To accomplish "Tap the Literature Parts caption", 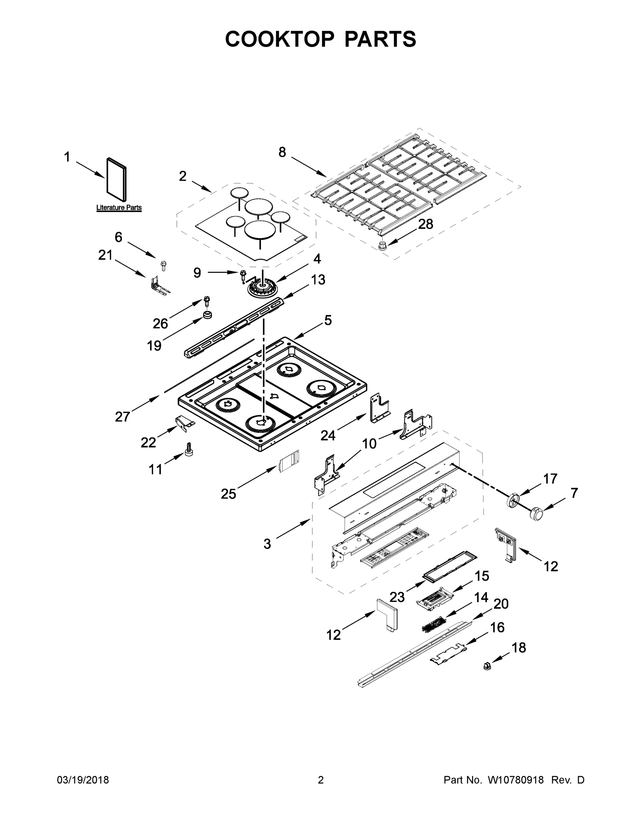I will (119, 208).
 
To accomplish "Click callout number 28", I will (425, 224).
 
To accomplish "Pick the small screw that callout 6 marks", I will (164, 265).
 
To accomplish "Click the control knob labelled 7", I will (537, 514).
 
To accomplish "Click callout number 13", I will (318, 280).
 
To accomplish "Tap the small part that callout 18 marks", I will (487, 665).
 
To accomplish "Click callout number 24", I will (328, 435).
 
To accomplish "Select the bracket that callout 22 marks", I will (185, 423).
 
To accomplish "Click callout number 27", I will (122, 417).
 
